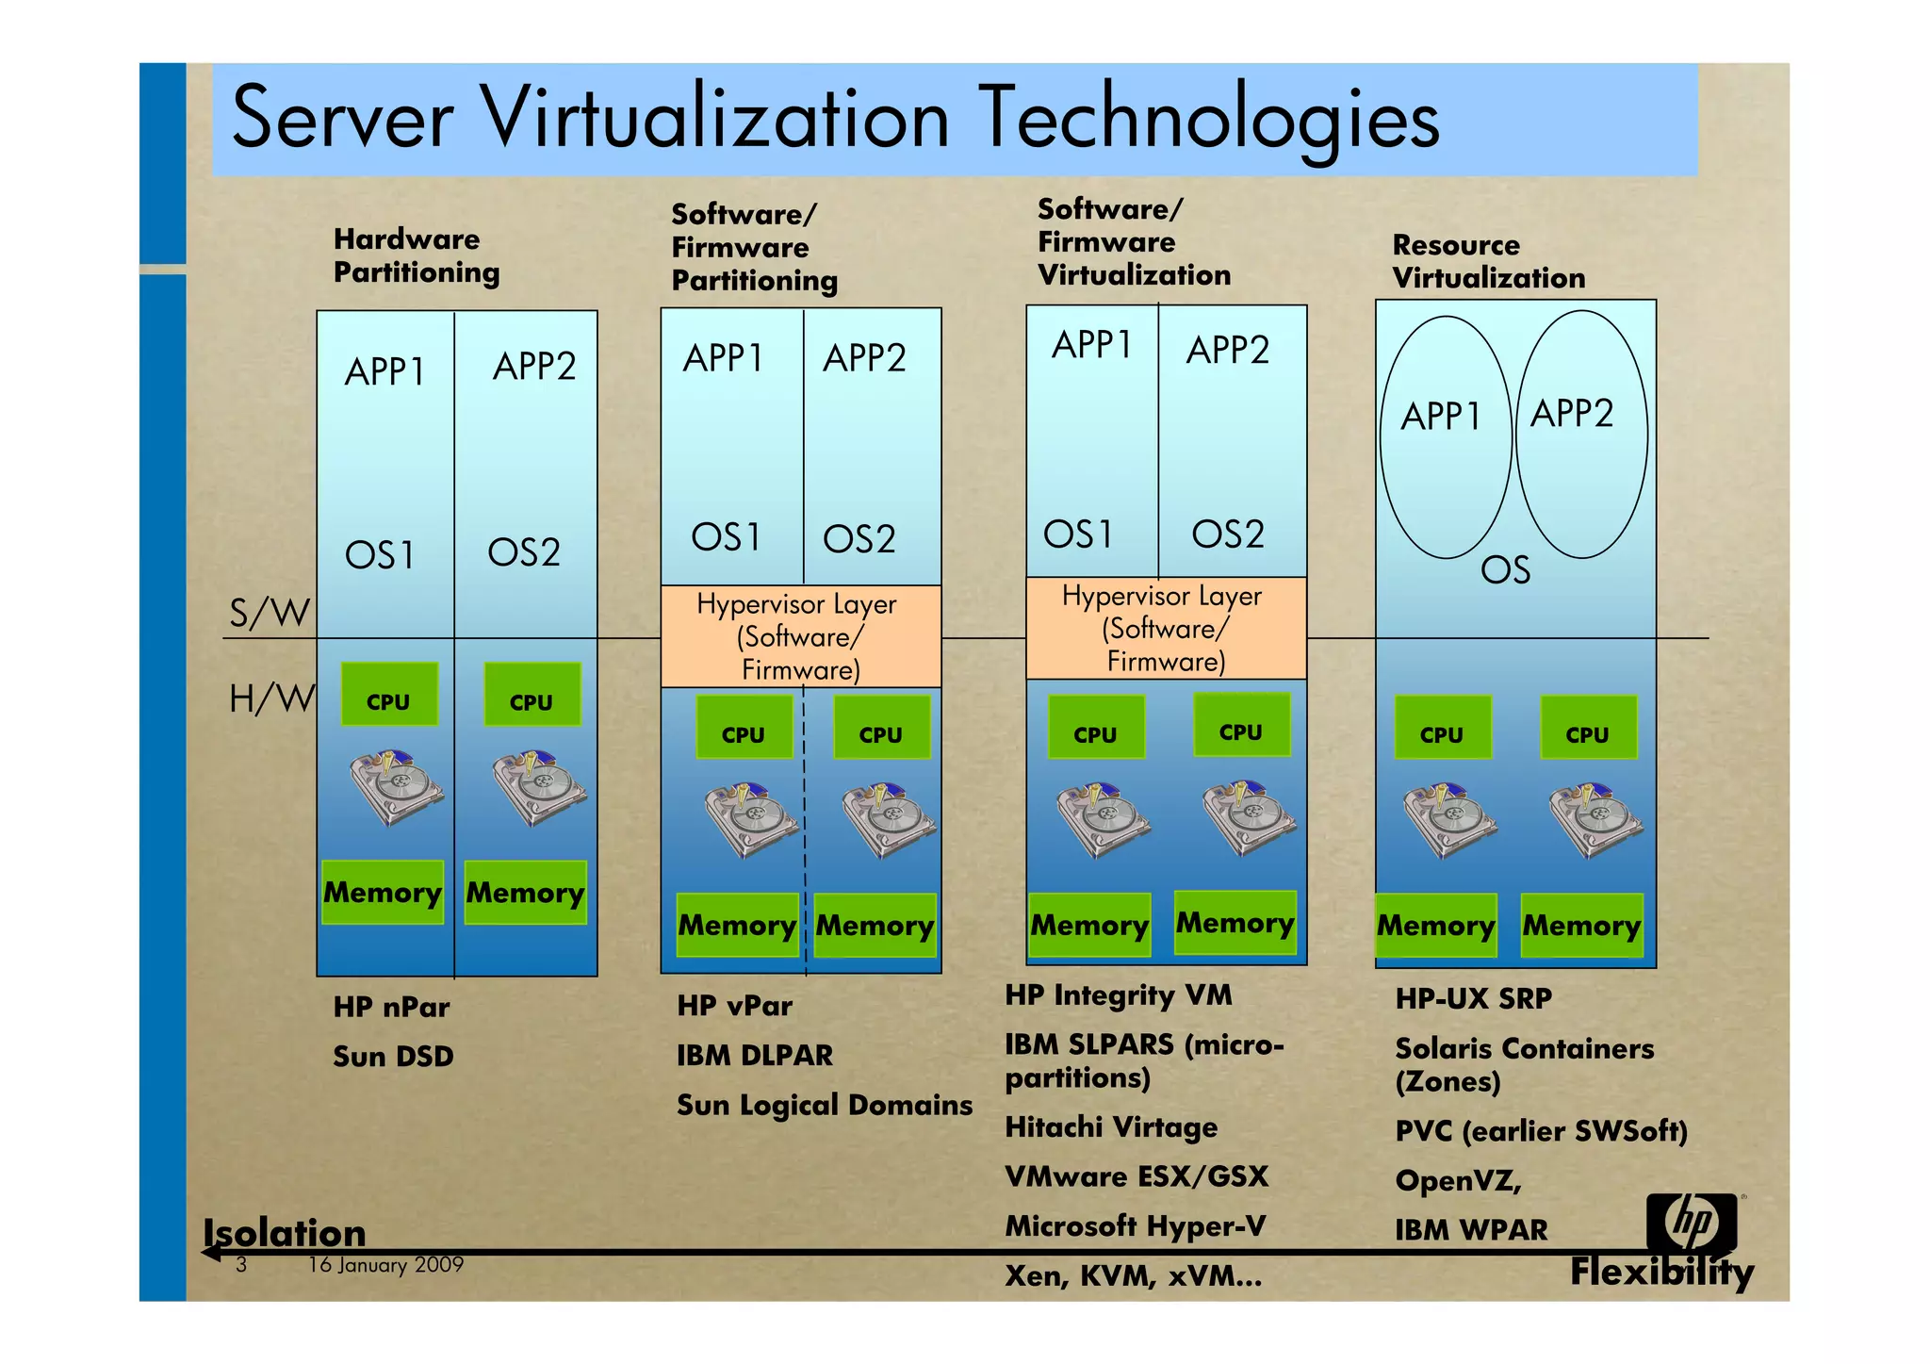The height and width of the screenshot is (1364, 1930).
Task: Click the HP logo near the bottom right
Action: [1692, 1223]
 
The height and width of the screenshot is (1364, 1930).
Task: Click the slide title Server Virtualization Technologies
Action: [835, 118]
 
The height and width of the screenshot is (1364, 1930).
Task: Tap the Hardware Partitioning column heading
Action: [416, 255]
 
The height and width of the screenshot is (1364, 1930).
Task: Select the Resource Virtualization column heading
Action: [1488, 261]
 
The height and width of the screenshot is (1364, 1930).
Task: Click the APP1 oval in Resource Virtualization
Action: [1445, 436]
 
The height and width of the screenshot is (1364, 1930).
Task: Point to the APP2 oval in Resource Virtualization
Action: [1581, 434]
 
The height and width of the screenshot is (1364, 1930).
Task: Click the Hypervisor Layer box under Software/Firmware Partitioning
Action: [800, 636]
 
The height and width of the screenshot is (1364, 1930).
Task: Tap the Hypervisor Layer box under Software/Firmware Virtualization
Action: [1165, 628]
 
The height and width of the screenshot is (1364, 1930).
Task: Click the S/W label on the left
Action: [270, 613]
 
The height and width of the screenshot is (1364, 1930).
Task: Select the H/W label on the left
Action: [270, 698]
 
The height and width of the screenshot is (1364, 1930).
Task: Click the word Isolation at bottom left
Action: [285, 1232]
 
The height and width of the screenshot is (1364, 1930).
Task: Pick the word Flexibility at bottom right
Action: [1661, 1272]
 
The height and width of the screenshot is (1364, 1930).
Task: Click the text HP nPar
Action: [391, 1007]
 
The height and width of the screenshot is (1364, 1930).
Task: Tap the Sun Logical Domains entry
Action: [824, 1105]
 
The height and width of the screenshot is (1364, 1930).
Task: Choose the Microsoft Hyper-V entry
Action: [1135, 1225]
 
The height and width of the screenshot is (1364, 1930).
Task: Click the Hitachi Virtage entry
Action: [1111, 1127]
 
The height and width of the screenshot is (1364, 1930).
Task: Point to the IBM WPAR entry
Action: [1470, 1230]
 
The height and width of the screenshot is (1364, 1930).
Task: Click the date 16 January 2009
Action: [385, 1265]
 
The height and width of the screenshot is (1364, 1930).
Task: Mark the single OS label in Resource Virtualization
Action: [1505, 570]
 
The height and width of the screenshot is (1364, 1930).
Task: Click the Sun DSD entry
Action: [393, 1057]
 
